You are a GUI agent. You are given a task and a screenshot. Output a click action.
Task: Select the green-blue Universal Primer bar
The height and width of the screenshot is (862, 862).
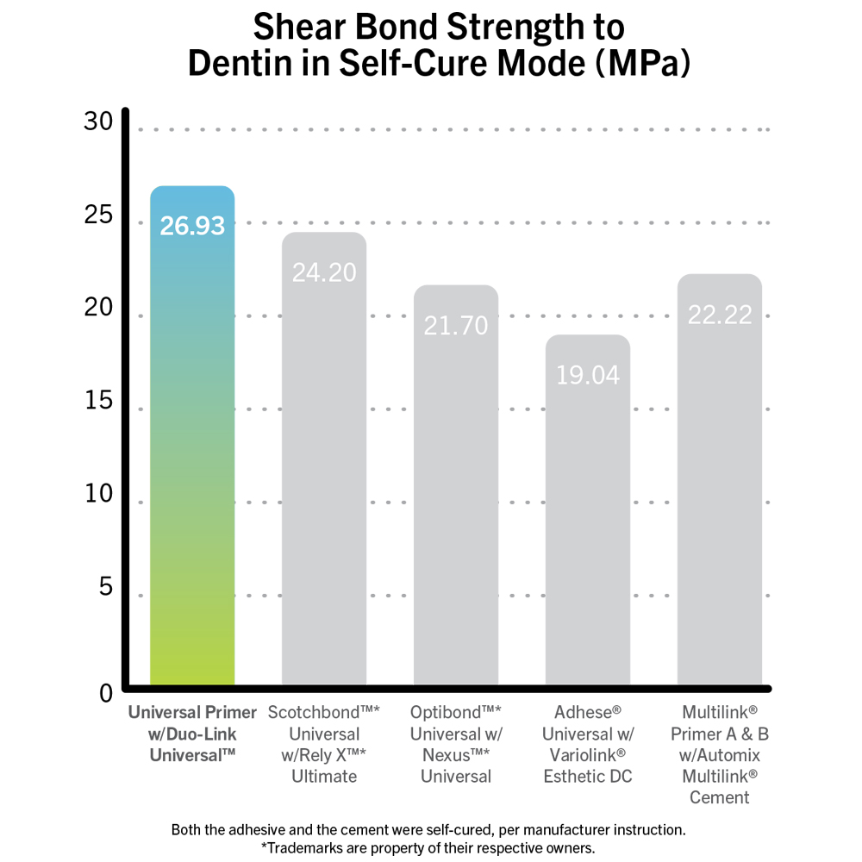tap(192, 448)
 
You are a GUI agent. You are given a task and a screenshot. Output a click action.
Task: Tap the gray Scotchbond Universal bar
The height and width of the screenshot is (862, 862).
tap(324, 474)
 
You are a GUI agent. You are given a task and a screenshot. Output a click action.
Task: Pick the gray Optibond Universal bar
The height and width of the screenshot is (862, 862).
tap(456, 500)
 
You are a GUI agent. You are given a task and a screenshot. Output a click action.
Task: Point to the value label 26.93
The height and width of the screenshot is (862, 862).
tap(192, 226)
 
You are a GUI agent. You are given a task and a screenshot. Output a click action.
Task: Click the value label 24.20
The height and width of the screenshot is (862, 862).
tap(324, 272)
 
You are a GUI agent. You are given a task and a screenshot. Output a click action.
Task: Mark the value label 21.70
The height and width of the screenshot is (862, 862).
tap(456, 325)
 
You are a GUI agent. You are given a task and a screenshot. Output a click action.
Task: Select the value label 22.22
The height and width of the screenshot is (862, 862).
tap(720, 315)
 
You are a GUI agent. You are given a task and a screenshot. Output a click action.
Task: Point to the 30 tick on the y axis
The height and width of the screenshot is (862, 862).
tap(98, 122)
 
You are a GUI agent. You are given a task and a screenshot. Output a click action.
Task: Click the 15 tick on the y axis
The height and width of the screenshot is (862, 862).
tap(98, 402)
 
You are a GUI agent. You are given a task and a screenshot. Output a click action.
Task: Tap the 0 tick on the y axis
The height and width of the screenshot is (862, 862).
tap(106, 692)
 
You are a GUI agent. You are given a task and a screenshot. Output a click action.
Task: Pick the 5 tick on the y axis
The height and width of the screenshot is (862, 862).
tap(106, 587)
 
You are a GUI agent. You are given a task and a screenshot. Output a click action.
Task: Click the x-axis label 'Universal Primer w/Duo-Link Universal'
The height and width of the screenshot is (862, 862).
tap(192, 733)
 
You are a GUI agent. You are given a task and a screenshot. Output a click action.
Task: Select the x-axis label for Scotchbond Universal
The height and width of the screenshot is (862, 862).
tap(324, 744)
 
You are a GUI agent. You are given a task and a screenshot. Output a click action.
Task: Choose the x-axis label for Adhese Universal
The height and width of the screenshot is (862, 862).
tap(588, 744)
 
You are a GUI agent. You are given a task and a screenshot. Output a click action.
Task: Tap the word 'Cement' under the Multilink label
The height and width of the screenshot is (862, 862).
tap(720, 797)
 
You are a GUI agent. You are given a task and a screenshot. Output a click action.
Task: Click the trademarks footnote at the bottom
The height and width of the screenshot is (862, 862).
tap(428, 847)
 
